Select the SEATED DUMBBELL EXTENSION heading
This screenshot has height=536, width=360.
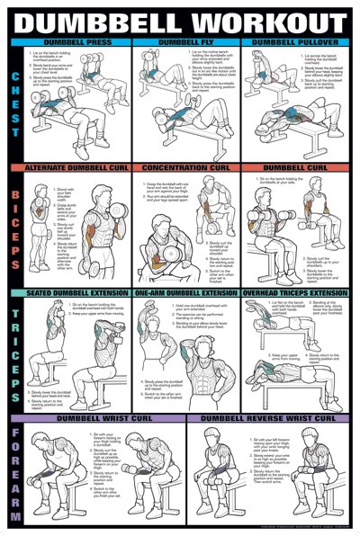(x=76, y=293)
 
